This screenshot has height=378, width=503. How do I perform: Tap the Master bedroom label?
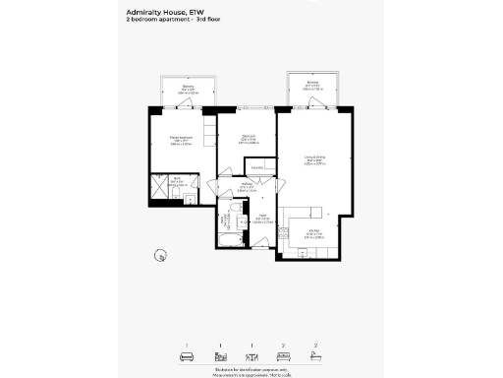click(180, 139)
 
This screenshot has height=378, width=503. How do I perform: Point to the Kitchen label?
click(314, 234)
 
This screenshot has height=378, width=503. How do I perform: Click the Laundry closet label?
click(257, 168)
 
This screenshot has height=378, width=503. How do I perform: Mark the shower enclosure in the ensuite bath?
click(159, 186)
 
